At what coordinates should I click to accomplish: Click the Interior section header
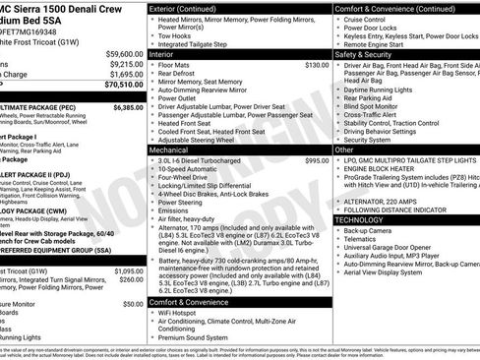coord(164,54)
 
